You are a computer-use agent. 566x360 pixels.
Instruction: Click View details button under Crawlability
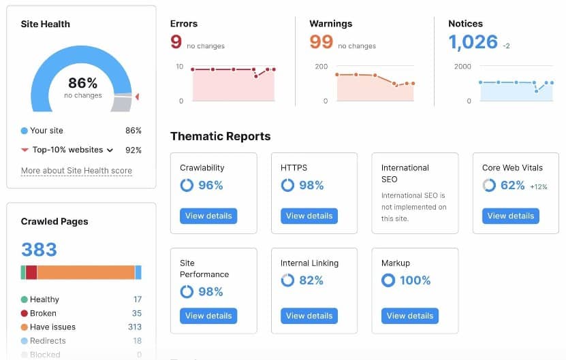208,216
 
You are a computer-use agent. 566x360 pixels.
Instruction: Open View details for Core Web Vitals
510,216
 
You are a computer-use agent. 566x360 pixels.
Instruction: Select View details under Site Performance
208,316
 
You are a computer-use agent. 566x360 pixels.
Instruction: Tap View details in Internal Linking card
309,316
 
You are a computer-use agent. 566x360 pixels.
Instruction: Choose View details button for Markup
410,316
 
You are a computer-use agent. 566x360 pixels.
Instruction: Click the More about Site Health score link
76,171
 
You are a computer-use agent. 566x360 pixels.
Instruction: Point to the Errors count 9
176,42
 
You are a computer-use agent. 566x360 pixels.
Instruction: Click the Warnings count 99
321,42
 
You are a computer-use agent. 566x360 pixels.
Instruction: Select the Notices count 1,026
473,42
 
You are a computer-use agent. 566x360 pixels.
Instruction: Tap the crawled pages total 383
39,250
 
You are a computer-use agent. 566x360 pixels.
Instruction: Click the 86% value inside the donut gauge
82,84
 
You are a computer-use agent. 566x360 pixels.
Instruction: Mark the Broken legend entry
43,313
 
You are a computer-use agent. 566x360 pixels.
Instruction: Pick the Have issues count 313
135,327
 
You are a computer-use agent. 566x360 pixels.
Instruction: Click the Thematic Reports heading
220,136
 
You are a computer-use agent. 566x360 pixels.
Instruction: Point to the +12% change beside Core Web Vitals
539,186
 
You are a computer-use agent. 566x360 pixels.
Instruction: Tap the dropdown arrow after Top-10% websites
110,150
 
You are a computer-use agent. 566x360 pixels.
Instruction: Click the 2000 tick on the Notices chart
462,67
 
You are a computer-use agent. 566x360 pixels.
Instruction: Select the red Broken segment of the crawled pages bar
31,272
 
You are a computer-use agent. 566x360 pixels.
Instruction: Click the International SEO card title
405,173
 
